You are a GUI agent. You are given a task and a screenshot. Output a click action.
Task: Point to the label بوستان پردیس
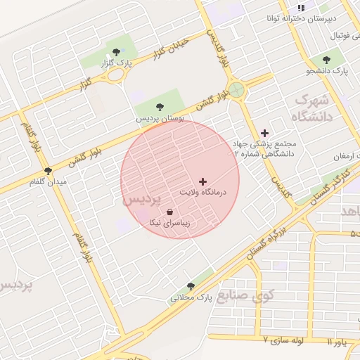click(x=160, y=120)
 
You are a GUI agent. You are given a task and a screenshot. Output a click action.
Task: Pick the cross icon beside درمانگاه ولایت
click(x=203, y=181)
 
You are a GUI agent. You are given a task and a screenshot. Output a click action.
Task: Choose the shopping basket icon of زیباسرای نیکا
click(x=169, y=212)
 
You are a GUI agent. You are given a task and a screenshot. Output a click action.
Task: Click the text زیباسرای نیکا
click(x=169, y=223)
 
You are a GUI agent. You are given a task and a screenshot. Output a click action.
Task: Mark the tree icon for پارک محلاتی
click(x=191, y=285)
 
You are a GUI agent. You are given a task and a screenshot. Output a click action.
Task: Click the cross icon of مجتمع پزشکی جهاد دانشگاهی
click(x=264, y=132)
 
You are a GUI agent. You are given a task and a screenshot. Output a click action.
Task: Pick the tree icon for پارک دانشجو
click(x=326, y=60)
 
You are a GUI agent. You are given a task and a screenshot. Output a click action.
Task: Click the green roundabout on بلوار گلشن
click(x=236, y=89)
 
